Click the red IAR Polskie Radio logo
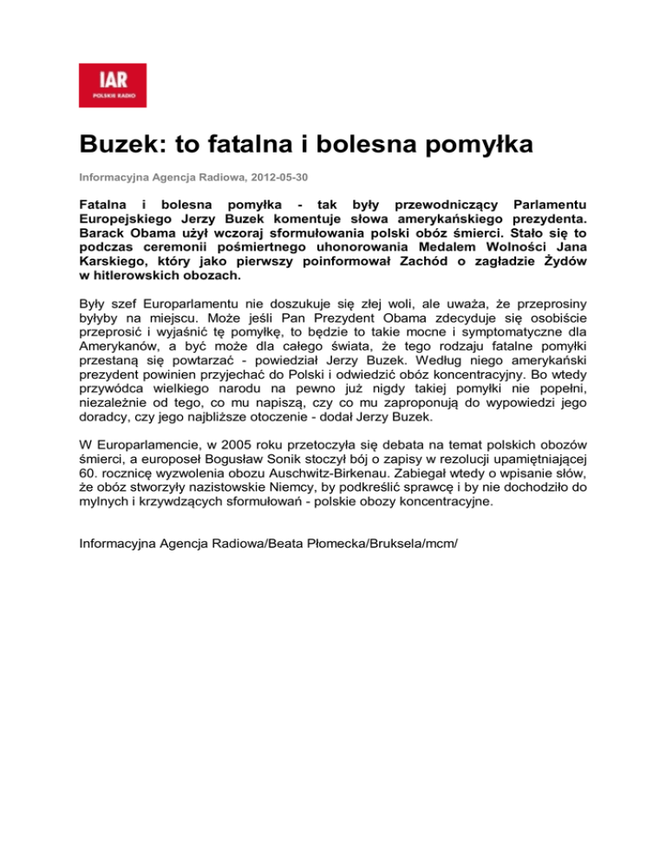click(x=113, y=85)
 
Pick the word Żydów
click(x=560, y=263)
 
